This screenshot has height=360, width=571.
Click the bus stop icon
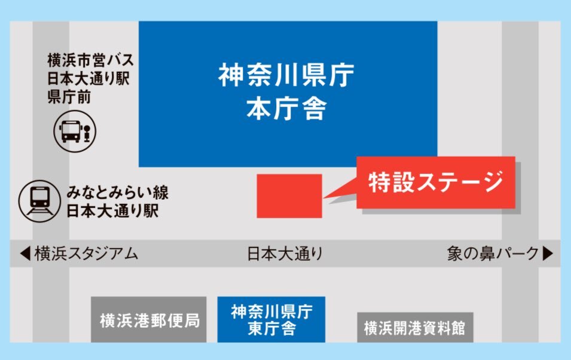pyautogui.click(x=75, y=131)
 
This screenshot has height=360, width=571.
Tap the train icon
pyautogui.click(x=39, y=201)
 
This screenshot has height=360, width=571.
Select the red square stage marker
pyautogui.click(x=289, y=196)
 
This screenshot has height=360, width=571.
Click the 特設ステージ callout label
pyautogui.click(x=435, y=182)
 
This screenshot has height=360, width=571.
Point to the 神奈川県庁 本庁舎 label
pyautogui.click(x=286, y=91)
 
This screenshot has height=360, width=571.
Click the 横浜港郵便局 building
pyautogui.click(x=148, y=319)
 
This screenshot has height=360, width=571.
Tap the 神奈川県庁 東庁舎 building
pyautogui.click(x=271, y=319)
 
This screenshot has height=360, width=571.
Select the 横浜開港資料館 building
pyautogui.click(x=415, y=327)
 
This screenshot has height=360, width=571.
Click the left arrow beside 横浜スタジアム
pyautogui.click(x=25, y=254)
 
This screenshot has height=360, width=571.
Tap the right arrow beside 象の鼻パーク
pyautogui.click(x=548, y=254)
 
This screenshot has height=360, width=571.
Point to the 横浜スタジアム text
pyautogui.click(x=86, y=254)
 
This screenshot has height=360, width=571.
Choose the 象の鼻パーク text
pyautogui.click(x=493, y=254)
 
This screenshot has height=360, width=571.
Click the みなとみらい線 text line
pyautogui.click(x=118, y=193)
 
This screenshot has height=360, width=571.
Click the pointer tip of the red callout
pyautogui.click(x=323, y=198)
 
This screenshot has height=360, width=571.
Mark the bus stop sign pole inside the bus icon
pyautogui.click(x=87, y=133)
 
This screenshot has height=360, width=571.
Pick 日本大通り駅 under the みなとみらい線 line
pyautogui.click(x=112, y=210)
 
